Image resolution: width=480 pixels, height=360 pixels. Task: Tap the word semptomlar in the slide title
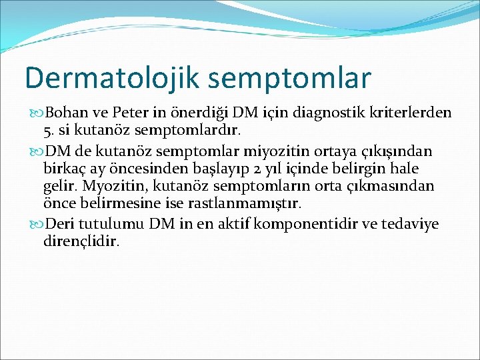289,79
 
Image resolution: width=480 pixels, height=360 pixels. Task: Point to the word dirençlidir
81,240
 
